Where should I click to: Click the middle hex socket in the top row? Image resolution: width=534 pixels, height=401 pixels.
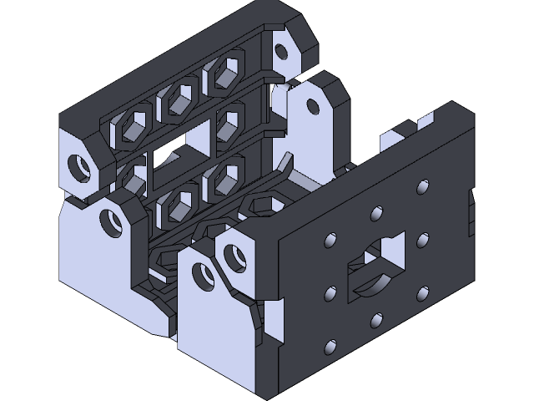coord(178,101)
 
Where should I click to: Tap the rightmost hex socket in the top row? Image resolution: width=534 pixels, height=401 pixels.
coord(224,74)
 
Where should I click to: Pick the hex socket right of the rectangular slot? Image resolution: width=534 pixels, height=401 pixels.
coord(226,122)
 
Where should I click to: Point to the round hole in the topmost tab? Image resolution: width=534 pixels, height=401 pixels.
coord(281,52)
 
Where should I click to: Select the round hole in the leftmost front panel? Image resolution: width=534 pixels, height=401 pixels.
coord(108,221)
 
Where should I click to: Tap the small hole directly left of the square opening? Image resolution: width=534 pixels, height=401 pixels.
coord(330,292)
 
